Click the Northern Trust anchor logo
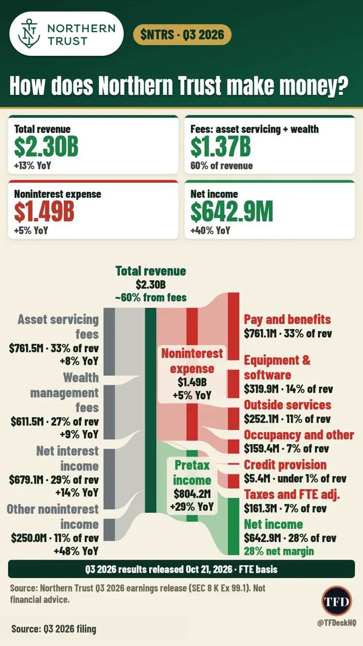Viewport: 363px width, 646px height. point(29,34)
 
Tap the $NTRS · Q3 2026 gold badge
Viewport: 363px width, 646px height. point(182,35)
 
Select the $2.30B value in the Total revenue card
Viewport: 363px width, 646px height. point(46,146)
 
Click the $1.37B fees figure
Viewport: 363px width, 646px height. point(220,146)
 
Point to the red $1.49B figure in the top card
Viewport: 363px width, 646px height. point(44,211)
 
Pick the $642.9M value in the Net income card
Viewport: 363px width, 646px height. point(231,211)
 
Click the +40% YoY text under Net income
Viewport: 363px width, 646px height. point(210,231)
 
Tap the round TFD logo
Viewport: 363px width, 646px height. point(336,601)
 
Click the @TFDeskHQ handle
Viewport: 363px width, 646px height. point(336,623)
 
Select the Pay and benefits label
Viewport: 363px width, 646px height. point(287,319)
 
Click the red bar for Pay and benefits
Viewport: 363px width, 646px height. point(233,326)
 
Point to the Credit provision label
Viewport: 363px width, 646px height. point(285,465)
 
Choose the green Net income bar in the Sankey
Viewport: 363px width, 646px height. point(233,526)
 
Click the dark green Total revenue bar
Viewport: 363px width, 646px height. point(151,410)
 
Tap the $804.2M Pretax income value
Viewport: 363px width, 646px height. point(192,494)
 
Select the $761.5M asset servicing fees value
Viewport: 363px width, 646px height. point(26,348)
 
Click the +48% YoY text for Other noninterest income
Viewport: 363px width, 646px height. point(76,551)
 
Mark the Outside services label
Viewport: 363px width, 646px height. point(287,405)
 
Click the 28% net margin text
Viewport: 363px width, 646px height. point(279,551)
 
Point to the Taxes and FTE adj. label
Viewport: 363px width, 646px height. point(292,494)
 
